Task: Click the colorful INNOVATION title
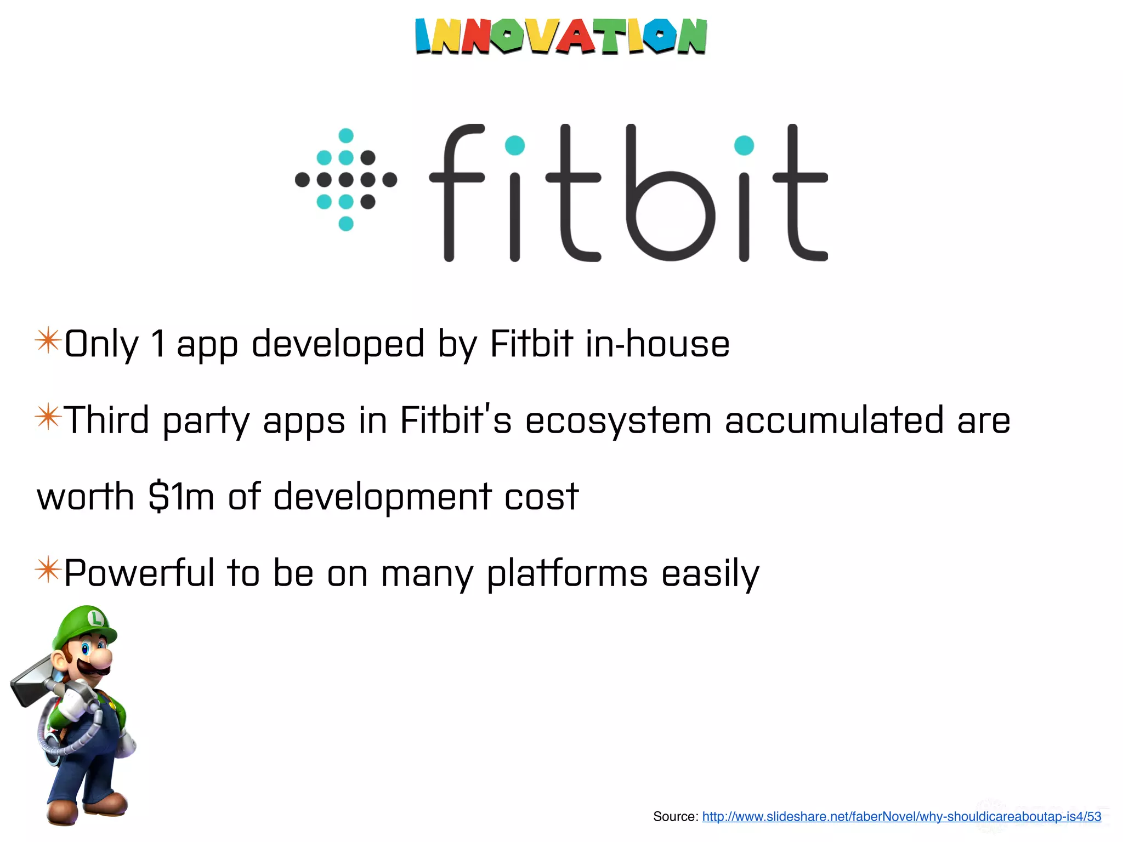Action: click(x=560, y=36)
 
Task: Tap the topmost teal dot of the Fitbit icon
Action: click(x=346, y=135)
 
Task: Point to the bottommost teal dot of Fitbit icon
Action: click(x=346, y=224)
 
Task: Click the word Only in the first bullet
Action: click(x=101, y=344)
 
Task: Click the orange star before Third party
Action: click(x=48, y=417)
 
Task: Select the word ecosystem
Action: click(x=618, y=421)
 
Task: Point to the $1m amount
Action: click(x=181, y=497)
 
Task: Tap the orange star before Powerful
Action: click(x=48, y=570)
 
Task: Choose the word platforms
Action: click(x=567, y=573)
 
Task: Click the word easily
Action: click(x=710, y=573)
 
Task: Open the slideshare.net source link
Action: click(x=901, y=817)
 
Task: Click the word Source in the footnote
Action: click(x=675, y=817)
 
